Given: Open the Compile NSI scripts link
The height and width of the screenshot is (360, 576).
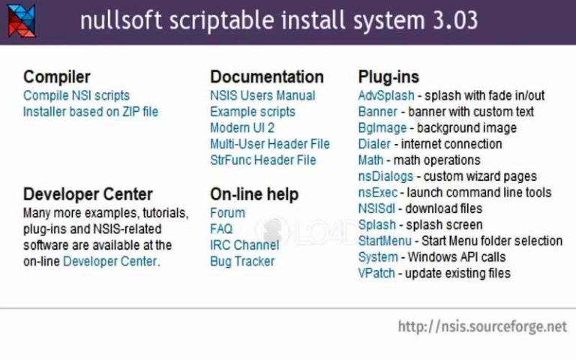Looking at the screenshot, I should pos(76,95).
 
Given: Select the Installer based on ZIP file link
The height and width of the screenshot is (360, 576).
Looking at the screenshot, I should pos(91,112).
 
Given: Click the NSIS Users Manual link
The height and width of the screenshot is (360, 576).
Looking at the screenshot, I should pos(262,95).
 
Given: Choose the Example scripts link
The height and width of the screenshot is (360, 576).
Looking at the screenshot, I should pos(253,112).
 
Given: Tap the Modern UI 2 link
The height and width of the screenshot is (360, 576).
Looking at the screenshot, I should pos(242,127).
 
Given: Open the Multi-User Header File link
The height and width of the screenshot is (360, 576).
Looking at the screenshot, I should pos(270,143).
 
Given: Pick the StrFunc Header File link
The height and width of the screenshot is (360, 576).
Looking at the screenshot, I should pos(263,160).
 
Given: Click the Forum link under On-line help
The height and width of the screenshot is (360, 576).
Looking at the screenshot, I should pos(227,212).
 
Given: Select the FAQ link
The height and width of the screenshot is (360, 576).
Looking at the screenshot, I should pos(221,229).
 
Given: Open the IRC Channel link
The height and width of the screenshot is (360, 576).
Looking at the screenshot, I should pos(244,245).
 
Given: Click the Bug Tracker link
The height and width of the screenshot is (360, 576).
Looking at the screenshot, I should pos(242,262).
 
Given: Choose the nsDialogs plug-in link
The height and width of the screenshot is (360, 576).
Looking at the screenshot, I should pos(385,176).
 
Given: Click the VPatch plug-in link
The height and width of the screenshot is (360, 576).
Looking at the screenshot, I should pos(376,273).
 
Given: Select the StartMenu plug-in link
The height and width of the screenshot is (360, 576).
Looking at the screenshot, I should pos(385,241).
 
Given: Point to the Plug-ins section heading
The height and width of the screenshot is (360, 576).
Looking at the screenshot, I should pos(388,76).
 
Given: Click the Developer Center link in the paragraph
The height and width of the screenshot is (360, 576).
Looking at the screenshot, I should pos(110,262).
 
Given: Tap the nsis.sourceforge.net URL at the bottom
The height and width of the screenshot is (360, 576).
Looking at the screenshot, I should pos(482,327).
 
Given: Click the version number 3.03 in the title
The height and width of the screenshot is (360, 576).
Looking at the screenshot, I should pos(454,19).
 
